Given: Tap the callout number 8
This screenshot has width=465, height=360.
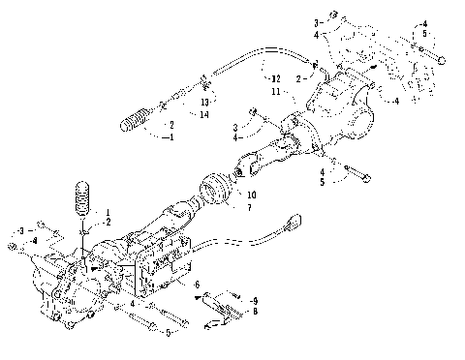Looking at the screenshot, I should pos(253,313).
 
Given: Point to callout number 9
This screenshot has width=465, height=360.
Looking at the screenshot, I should pos(253,300).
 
